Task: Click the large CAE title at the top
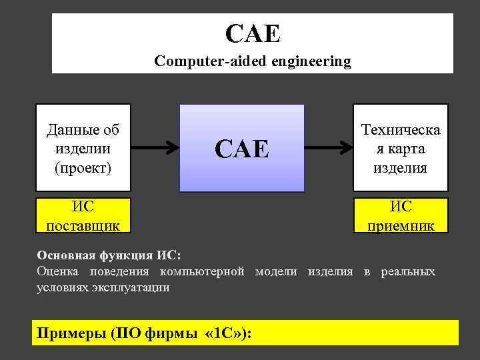(253, 33)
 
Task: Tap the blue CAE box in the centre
(241, 148)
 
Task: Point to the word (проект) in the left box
(83, 166)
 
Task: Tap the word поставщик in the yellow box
(83, 225)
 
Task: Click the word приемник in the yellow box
(401, 225)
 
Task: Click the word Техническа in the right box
(401, 129)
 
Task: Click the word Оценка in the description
(57, 271)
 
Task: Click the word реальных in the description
(408, 271)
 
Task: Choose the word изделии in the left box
(83, 147)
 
